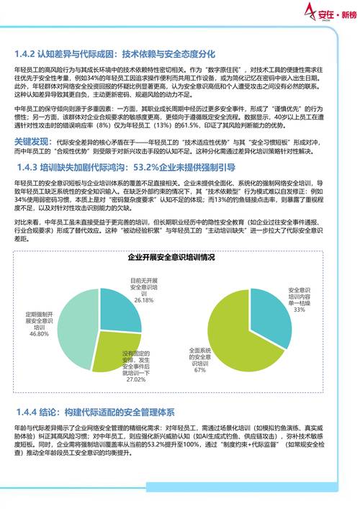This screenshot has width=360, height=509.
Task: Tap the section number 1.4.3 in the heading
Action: [x=30, y=166]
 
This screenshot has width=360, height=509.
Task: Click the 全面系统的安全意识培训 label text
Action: [x=199, y=356]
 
